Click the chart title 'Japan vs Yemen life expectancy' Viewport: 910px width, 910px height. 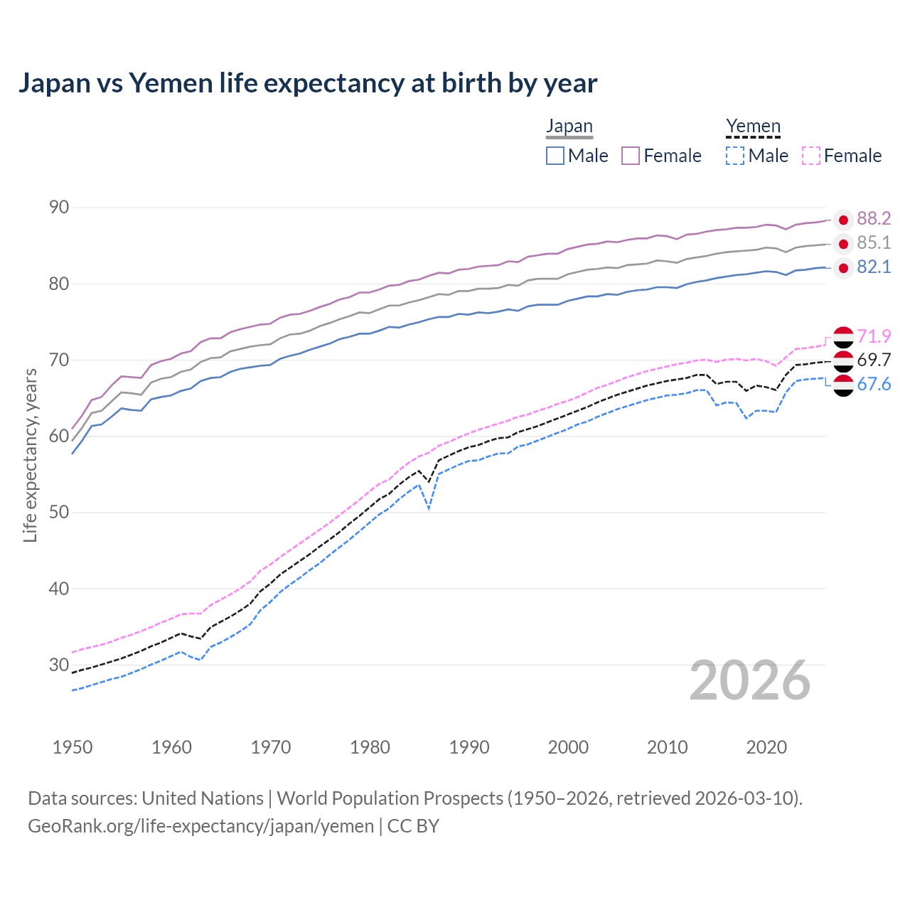click(307, 83)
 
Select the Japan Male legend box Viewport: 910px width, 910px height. click(555, 156)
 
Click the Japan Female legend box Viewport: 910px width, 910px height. click(631, 156)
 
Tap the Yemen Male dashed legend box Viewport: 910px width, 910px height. click(735, 156)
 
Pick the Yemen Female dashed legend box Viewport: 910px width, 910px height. click(811, 156)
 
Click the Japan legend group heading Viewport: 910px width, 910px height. click(569, 127)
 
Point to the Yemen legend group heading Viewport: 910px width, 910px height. click(753, 127)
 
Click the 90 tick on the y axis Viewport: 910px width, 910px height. click(59, 208)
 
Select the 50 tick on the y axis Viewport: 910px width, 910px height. click(59, 512)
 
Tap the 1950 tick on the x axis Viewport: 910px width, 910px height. click(73, 747)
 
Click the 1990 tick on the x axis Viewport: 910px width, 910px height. click(469, 747)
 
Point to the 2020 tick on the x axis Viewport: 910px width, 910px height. click(766, 747)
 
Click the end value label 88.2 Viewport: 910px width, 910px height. click(874, 219)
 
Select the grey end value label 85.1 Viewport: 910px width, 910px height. click(874, 243)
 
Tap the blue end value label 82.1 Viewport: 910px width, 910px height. click(874, 267)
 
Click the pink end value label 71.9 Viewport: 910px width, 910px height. click(874, 336)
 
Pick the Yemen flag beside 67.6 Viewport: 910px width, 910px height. click(843, 385)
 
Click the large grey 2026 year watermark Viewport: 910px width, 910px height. click(750, 681)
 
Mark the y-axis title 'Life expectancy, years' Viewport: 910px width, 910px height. click(31, 455)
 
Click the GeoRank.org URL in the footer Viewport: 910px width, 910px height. click(200, 826)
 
